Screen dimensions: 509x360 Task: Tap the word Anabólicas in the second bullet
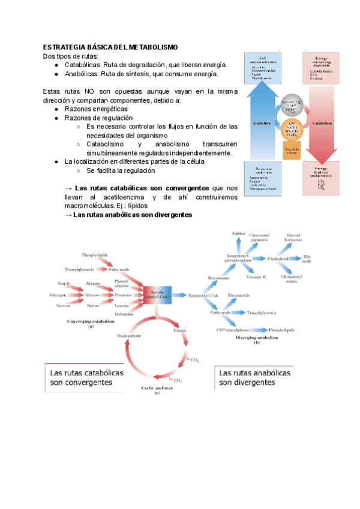81,74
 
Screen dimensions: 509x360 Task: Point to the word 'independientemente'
197,153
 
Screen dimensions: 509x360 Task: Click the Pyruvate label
122,295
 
